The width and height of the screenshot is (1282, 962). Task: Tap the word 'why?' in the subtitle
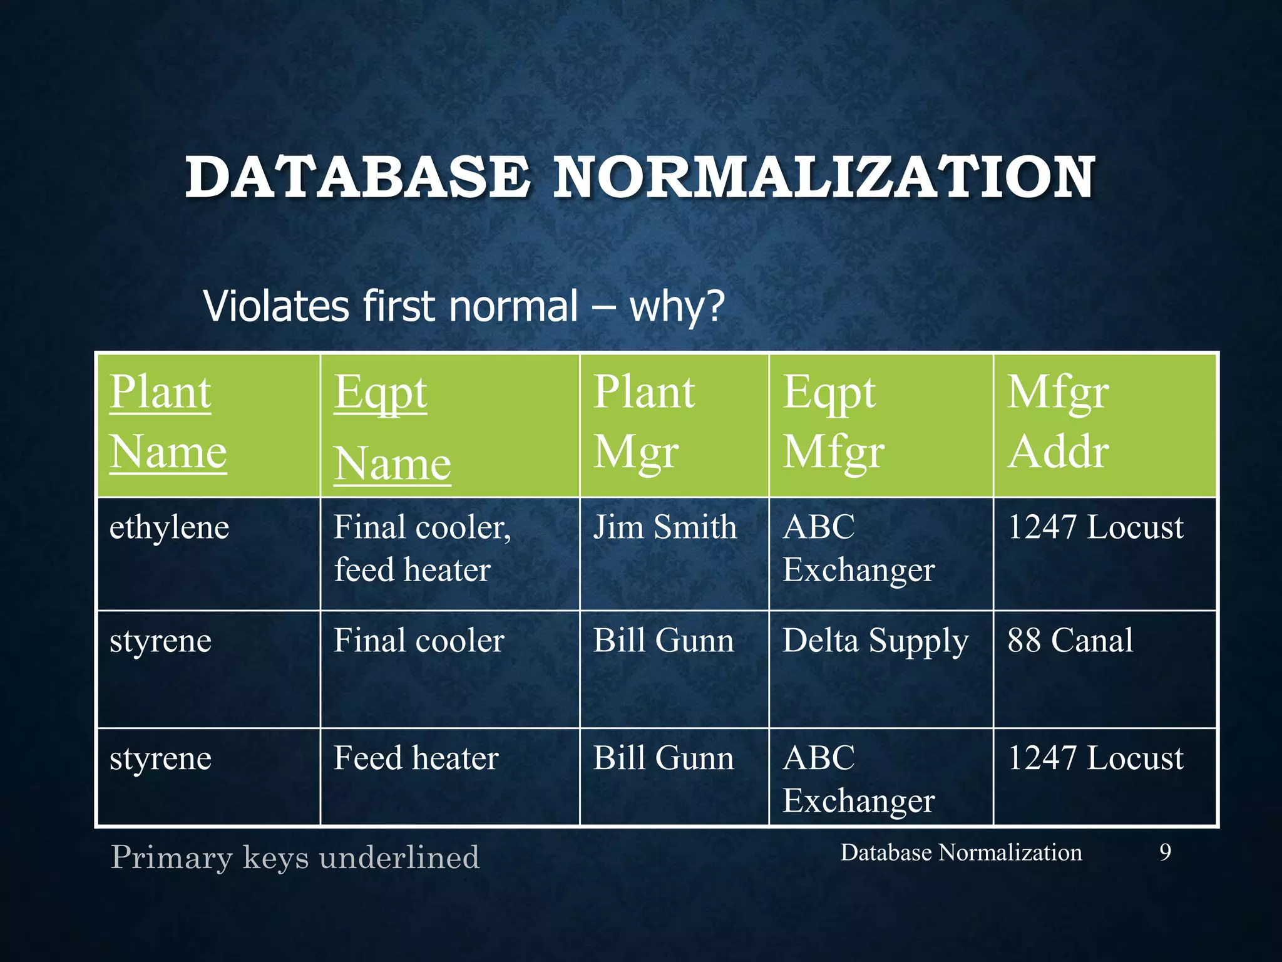point(677,307)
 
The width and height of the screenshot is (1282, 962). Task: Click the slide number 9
point(1165,852)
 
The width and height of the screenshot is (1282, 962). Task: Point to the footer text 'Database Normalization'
point(961,852)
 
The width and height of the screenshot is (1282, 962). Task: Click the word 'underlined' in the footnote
point(399,857)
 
